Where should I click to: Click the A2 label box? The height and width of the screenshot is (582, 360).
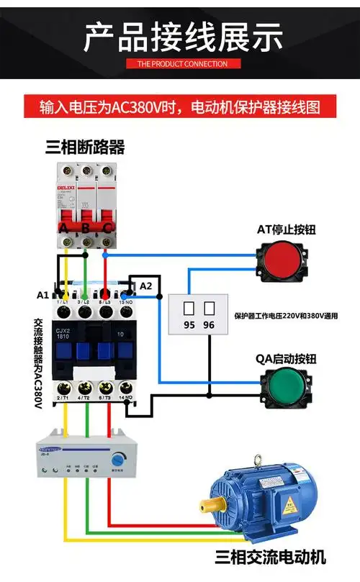tap(146, 286)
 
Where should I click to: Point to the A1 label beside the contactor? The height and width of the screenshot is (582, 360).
tap(43, 295)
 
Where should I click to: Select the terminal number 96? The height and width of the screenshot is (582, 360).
tap(210, 325)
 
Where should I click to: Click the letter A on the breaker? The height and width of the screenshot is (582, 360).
tap(64, 228)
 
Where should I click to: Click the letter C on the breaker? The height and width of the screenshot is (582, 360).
tap(107, 228)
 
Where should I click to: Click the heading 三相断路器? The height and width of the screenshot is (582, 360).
tap(85, 147)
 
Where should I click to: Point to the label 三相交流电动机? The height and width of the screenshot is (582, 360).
tap(270, 557)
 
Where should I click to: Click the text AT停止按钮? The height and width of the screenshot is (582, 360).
tap(286, 229)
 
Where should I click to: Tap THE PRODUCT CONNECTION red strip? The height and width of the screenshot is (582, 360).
tap(181, 63)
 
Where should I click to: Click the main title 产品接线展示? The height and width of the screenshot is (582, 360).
tap(181, 37)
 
